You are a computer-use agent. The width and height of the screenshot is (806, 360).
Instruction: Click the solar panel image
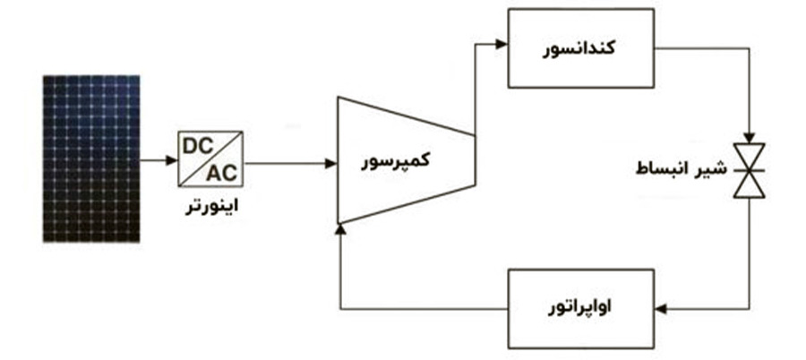[x=91, y=159]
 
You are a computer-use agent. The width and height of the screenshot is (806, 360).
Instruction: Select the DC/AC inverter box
[x=210, y=159]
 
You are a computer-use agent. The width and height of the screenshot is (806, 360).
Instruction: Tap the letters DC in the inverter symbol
[x=198, y=146]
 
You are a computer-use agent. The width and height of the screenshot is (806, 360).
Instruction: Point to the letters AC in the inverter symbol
[x=222, y=174]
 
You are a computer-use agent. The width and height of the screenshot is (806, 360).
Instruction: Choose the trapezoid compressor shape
[x=406, y=160]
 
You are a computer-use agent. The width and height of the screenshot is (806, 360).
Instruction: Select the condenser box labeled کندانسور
[x=581, y=47]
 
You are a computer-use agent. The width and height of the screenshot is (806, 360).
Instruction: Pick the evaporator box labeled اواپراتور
[x=581, y=309]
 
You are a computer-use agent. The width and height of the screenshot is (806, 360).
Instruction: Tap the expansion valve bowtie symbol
[x=749, y=170]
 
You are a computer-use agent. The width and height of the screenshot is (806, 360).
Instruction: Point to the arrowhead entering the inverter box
[x=172, y=160]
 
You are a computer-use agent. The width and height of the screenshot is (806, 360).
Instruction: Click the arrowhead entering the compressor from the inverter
[x=331, y=164]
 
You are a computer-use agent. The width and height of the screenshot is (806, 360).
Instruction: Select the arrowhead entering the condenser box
[x=502, y=45]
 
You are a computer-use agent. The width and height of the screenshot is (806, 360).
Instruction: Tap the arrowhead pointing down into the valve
[x=749, y=137]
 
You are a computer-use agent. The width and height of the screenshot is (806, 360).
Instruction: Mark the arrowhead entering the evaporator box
[x=661, y=309]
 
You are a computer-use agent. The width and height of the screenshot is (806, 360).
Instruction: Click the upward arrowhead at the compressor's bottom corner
[x=339, y=230]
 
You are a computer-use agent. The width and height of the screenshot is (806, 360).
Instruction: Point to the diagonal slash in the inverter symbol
[x=210, y=159]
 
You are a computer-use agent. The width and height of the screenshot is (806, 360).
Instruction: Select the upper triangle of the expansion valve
[x=749, y=157]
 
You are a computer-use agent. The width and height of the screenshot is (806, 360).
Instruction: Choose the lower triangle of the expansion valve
[x=749, y=184]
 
